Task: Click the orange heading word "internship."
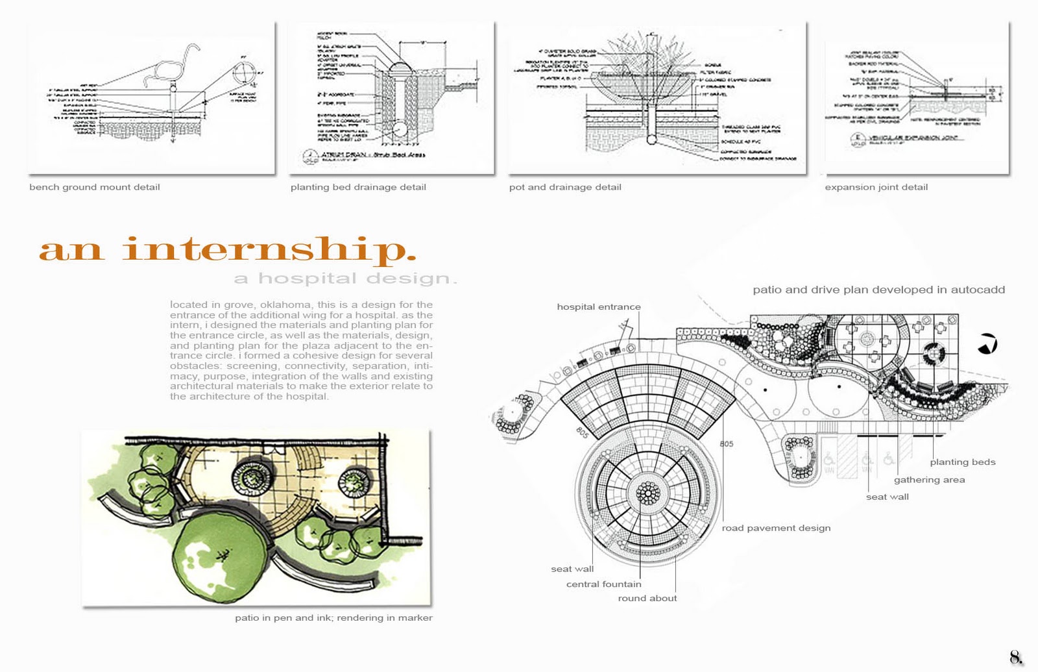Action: click(x=269, y=250)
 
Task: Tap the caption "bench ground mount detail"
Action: click(x=95, y=187)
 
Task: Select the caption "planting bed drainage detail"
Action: click(x=358, y=187)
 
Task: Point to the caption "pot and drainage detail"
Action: click(x=565, y=187)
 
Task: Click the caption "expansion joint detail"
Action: click(x=876, y=187)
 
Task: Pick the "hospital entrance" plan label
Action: click(x=598, y=306)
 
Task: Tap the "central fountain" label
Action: click(x=603, y=584)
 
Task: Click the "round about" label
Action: click(x=647, y=598)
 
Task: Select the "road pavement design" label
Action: click(x=776, y=528)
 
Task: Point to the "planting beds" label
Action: click(x=962, y=462)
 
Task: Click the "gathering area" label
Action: click(x=929, y=480)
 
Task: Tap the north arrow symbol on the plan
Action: click(x=987, y=343)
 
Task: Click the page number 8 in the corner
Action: click(x=1015, y=656)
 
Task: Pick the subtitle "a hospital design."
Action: click(x=346, y=279)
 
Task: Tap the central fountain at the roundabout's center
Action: click(x=647, y=493)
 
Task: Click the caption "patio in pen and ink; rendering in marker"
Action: click(x=333, y=617)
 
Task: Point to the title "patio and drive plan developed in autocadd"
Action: click(x=878, y=290)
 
